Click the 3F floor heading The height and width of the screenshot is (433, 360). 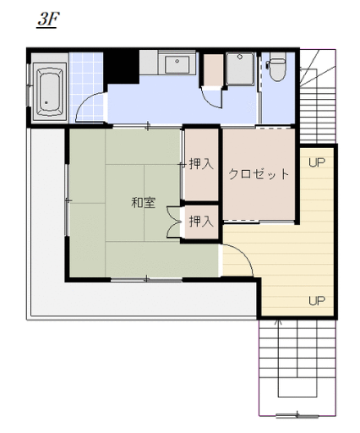[48, 19]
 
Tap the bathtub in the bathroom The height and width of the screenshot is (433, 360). [50, 92]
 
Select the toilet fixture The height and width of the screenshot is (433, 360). [277, 67]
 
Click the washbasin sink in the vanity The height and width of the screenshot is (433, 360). [177, 64]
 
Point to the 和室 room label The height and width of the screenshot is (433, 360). [144, 202]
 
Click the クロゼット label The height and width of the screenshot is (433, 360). [259, 174]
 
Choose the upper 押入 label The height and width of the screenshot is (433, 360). [201, 164]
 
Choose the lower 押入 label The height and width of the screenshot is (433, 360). [201, 221]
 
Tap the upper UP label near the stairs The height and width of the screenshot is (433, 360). [317, 162]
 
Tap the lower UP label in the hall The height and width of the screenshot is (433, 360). [317, 301]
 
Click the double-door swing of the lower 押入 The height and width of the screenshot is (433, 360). [174, 222]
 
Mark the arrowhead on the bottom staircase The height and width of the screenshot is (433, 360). [279, 322]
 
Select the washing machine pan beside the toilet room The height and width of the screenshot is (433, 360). [240, 69]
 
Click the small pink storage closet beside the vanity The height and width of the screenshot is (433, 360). [213, 69]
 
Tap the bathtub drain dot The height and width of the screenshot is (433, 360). [46, 102]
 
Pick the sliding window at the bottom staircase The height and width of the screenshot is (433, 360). [297, 415]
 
